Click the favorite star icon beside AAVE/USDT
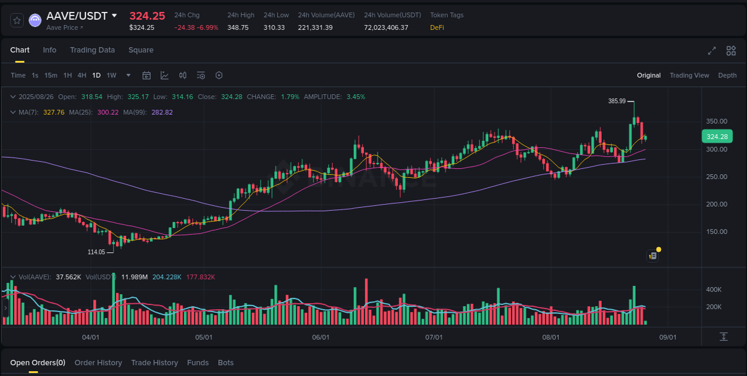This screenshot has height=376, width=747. click(17, 20)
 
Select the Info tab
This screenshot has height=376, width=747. click(50, 50)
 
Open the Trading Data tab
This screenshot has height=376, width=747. click(92, 50)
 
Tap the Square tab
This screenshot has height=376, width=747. click(141, 50)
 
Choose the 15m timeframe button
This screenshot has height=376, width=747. click(51, 75)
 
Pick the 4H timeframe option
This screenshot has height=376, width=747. click(82, 75)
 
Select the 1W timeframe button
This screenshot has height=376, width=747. click(111, 75)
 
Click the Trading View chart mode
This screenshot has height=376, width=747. click(689, 75)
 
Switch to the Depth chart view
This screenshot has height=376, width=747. click(727, 75)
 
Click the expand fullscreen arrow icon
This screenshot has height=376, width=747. click(712, 51)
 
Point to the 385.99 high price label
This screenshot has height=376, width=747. click(617, 101)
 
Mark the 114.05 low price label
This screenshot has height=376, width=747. click(96, 252)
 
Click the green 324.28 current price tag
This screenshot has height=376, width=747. click(717, 137)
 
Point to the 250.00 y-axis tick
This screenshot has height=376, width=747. click(717, 177)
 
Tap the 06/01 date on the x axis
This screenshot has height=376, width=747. click(321, 337)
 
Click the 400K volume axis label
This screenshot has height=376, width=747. click(714, 290)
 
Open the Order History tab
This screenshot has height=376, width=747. click(98, 363)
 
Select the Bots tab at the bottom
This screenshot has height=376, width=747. click(225, 363)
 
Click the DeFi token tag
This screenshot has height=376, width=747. click(437, 27)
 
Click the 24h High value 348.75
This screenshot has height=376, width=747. click(238, 27)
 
